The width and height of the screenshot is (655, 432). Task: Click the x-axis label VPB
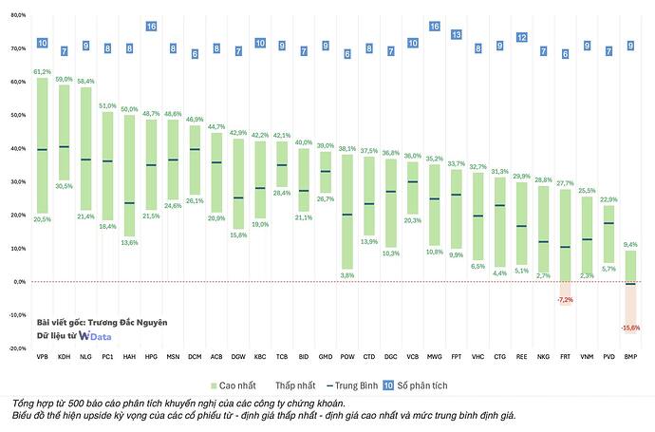pos(43,357)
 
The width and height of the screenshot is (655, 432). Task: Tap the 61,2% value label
pos(43,72)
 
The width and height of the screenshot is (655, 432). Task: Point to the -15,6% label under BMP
pos(629,328)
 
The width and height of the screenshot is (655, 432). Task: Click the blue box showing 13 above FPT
pos(456,35)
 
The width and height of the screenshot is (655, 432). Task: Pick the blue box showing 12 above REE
pos(521,38)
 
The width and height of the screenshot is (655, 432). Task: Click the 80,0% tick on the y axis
pos(17,15)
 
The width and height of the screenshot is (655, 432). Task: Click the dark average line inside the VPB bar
pos(43,150)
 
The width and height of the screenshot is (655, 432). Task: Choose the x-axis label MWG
pos(435,357)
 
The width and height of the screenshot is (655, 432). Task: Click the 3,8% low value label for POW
pos(346,275)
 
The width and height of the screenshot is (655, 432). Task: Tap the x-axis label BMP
pos(629,357)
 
